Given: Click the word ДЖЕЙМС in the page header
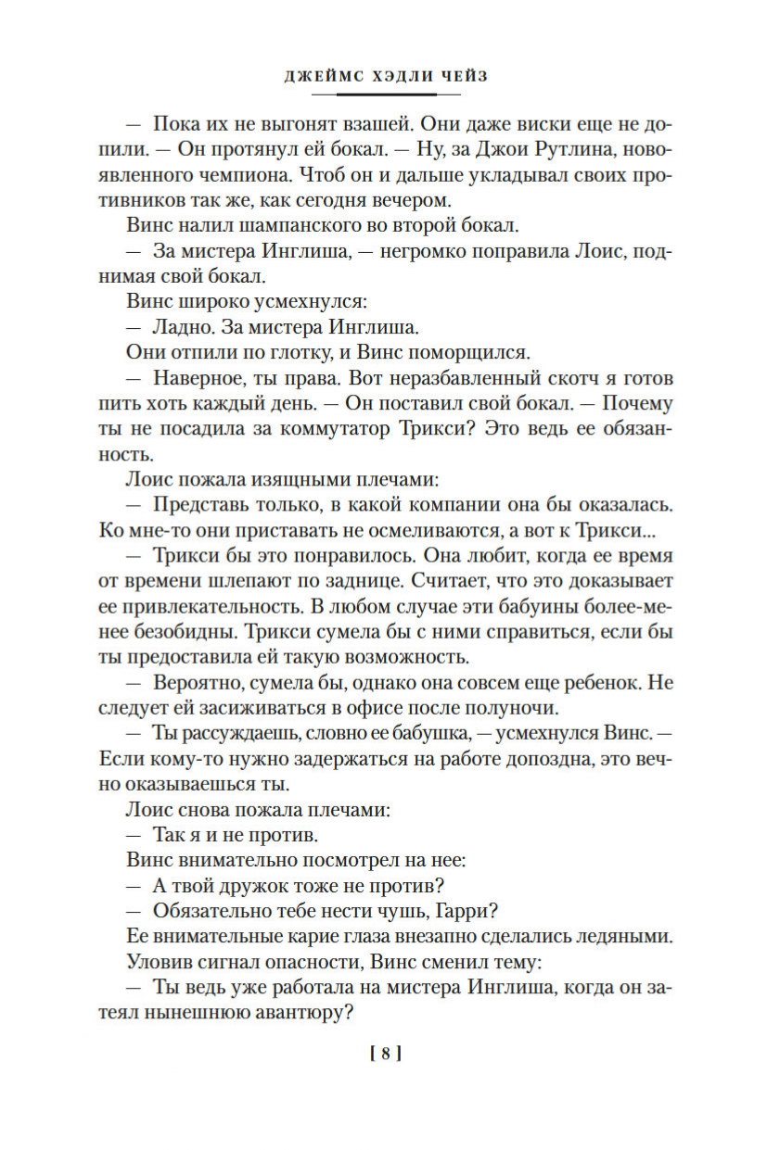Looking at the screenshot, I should point(319,77).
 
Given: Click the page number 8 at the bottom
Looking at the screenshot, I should point(384,1053).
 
